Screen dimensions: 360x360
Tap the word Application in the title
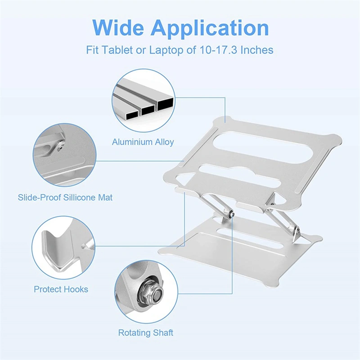210,28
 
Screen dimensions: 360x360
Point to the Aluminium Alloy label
143,142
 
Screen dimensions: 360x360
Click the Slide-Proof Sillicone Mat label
65,197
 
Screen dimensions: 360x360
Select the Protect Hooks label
61,289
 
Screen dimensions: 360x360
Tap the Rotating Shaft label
145,333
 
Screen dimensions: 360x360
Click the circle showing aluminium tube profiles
143,99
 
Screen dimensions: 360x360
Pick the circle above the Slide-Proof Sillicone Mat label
64,155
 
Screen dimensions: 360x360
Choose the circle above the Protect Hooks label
64,247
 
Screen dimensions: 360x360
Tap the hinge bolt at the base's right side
297,231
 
